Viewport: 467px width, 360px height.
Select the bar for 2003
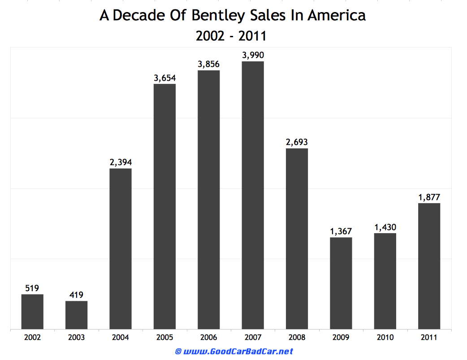[x=76, y=315]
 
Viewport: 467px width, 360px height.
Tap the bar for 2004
[x=121, y=249]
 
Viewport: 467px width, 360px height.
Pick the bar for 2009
[x=341, y=283]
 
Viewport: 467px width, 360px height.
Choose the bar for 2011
[x=429, y=266]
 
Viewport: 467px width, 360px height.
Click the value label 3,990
[x=253, y=55]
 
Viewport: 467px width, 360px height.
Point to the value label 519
[x=32, y=288]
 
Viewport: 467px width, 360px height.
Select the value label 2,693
[x=297, y=142]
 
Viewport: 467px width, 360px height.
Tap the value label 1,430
[x=385, y=227]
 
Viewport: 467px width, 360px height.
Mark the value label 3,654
[x=164, y=78]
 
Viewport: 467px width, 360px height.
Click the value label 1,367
[x=341, y=231]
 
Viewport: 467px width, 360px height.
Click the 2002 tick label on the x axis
[x=32, y=337]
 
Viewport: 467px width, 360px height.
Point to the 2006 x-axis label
[x=209, y=337]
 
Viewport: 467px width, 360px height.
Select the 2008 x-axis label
[x=297, y=337]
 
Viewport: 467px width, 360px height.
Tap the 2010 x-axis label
[x=385, y=337]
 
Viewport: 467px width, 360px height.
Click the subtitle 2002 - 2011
[x=231, y=36]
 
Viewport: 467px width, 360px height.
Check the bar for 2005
[x=164, y=206]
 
